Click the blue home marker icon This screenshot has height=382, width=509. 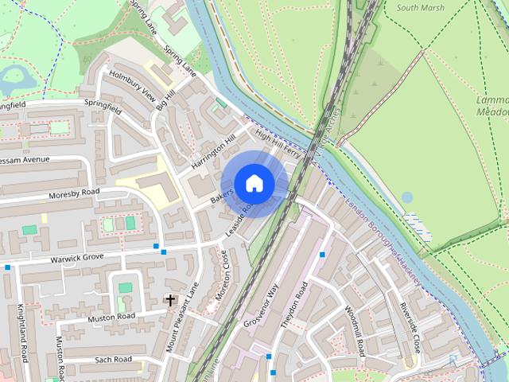click(254, 183)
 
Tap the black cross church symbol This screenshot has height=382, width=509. click(169, 300)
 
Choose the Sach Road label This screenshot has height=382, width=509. click(113, 360)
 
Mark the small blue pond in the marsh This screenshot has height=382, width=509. click(408, 196)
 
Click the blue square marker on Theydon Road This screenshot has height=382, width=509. click(322, 255)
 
